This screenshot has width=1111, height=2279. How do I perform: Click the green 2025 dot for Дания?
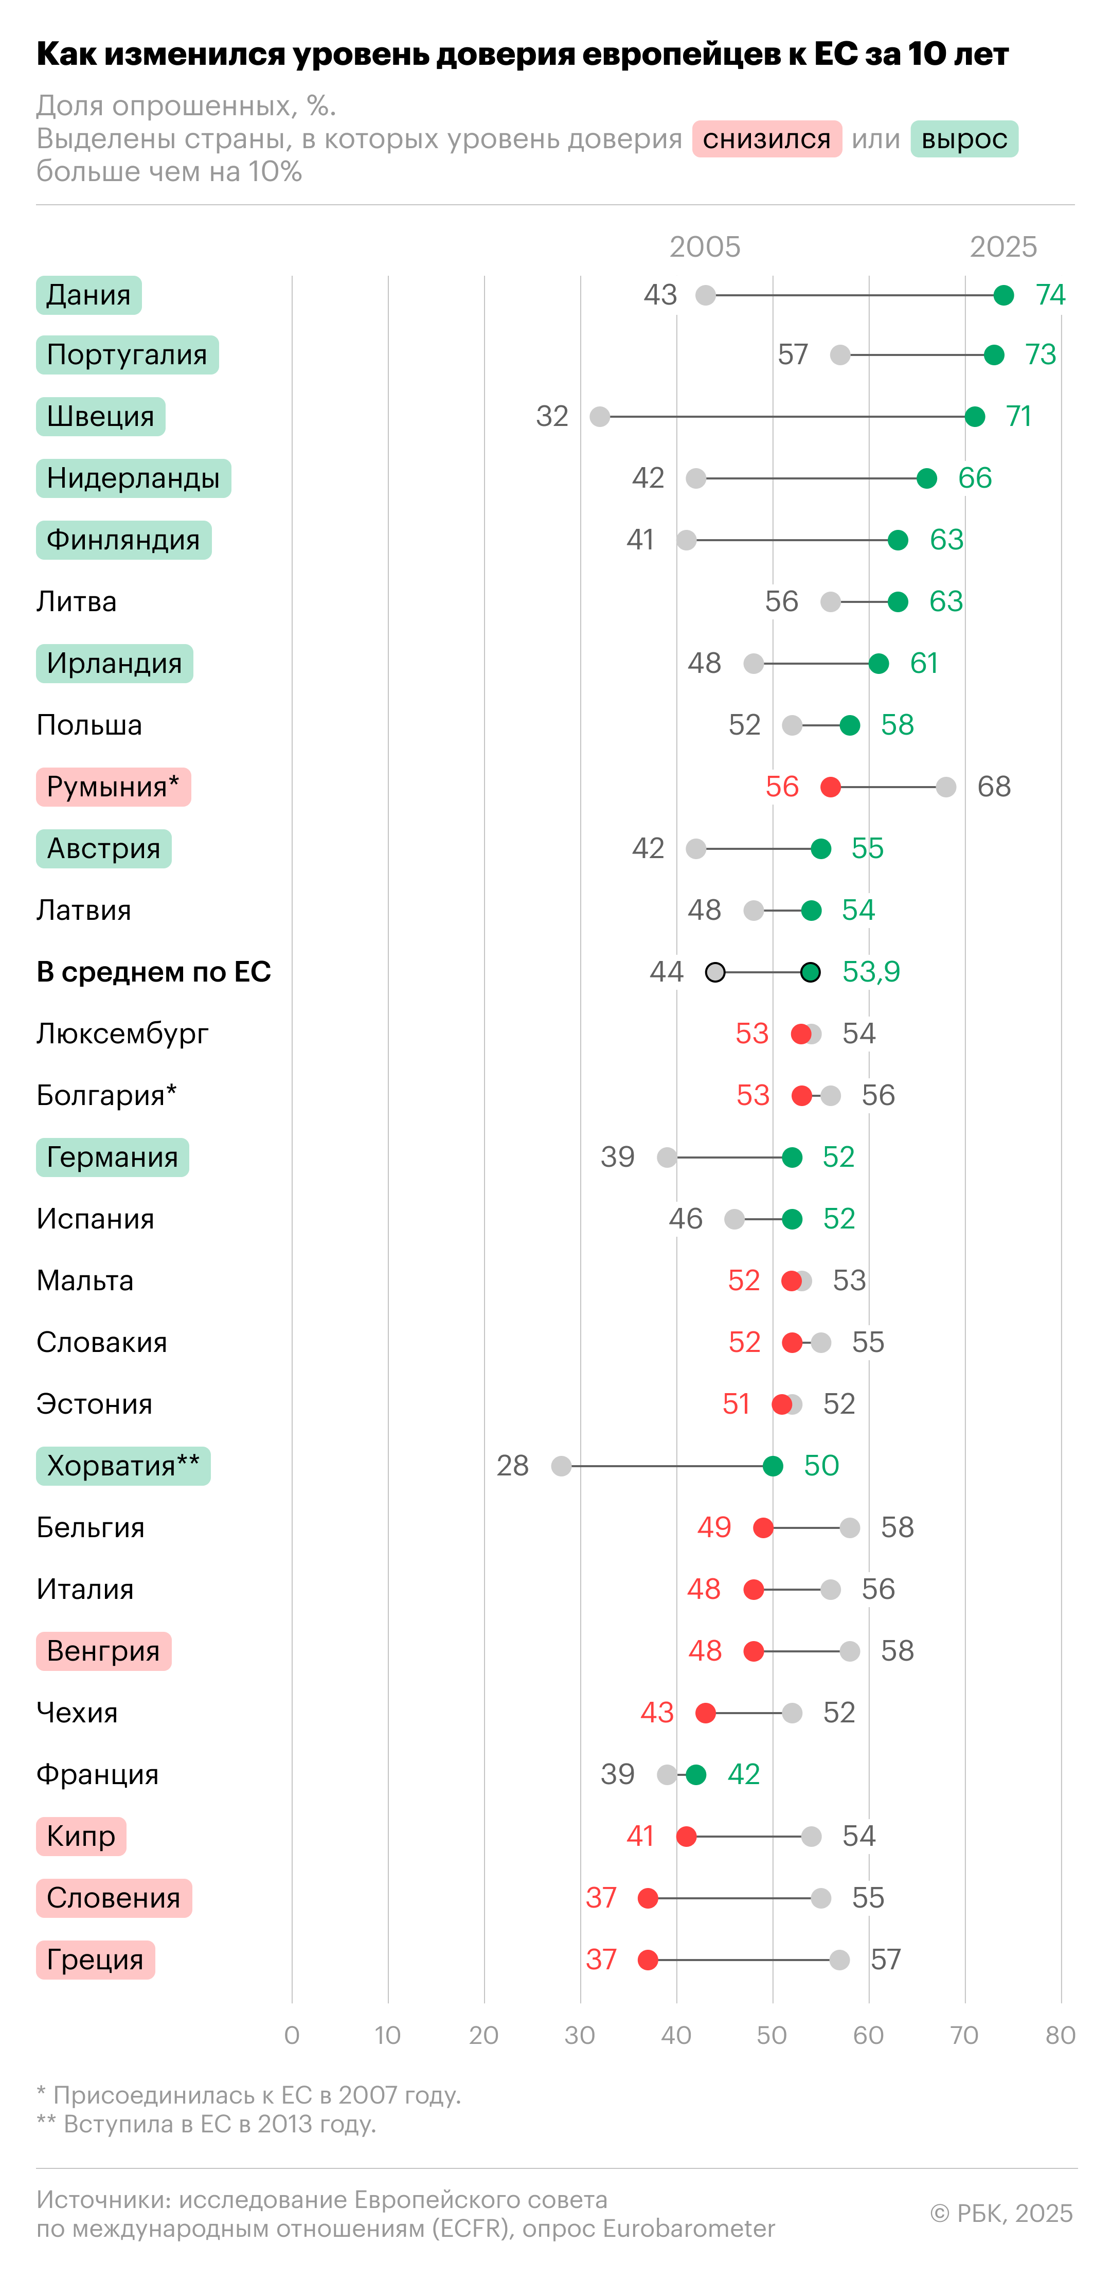click(x=1003, y=295)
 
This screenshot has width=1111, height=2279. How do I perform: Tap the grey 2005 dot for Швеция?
click(x=600, y=417)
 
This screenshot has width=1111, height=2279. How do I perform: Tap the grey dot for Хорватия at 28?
click(x=561, y=1466)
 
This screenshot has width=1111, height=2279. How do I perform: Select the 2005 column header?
click(x=705, y=247)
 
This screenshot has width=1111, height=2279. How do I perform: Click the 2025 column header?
click(x=1003, y=247)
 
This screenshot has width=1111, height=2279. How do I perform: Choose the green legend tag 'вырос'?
click(x=964, y=139)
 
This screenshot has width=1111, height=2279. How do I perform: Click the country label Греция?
click(x=95, y=1960)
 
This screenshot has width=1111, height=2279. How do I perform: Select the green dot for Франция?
click(x=696, y=1775)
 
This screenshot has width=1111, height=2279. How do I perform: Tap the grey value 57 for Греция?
click(x=885, y=1960)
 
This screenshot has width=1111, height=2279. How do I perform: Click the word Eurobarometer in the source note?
click(x=688, y=2229)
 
